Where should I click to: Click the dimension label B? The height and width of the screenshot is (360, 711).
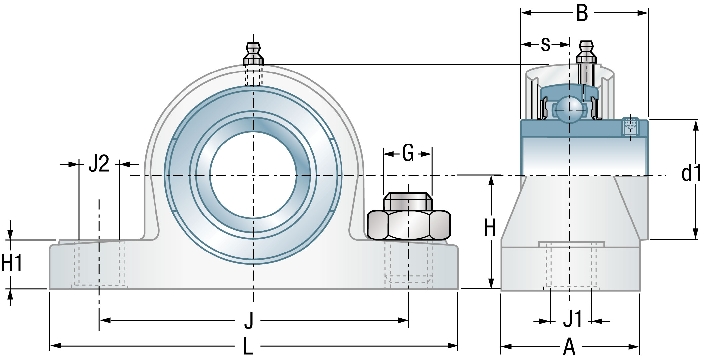[x=582, y=13]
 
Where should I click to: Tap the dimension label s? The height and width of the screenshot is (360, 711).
[x=545, y=44]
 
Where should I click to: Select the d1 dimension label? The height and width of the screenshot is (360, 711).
[x=691, y=173]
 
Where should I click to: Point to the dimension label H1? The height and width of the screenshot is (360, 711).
[x=11, y=263]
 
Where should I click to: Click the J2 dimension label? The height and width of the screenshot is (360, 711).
[x=99, y=164]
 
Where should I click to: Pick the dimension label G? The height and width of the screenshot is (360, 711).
[x=408, y=154]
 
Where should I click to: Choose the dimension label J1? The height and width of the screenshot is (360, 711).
[x=572, y=321]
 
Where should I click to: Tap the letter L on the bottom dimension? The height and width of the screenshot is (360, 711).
[x=248, y=347]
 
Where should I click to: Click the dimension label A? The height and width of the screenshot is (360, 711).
[x=569, y=348]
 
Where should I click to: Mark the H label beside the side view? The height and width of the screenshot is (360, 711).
[x=490, y=228]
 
